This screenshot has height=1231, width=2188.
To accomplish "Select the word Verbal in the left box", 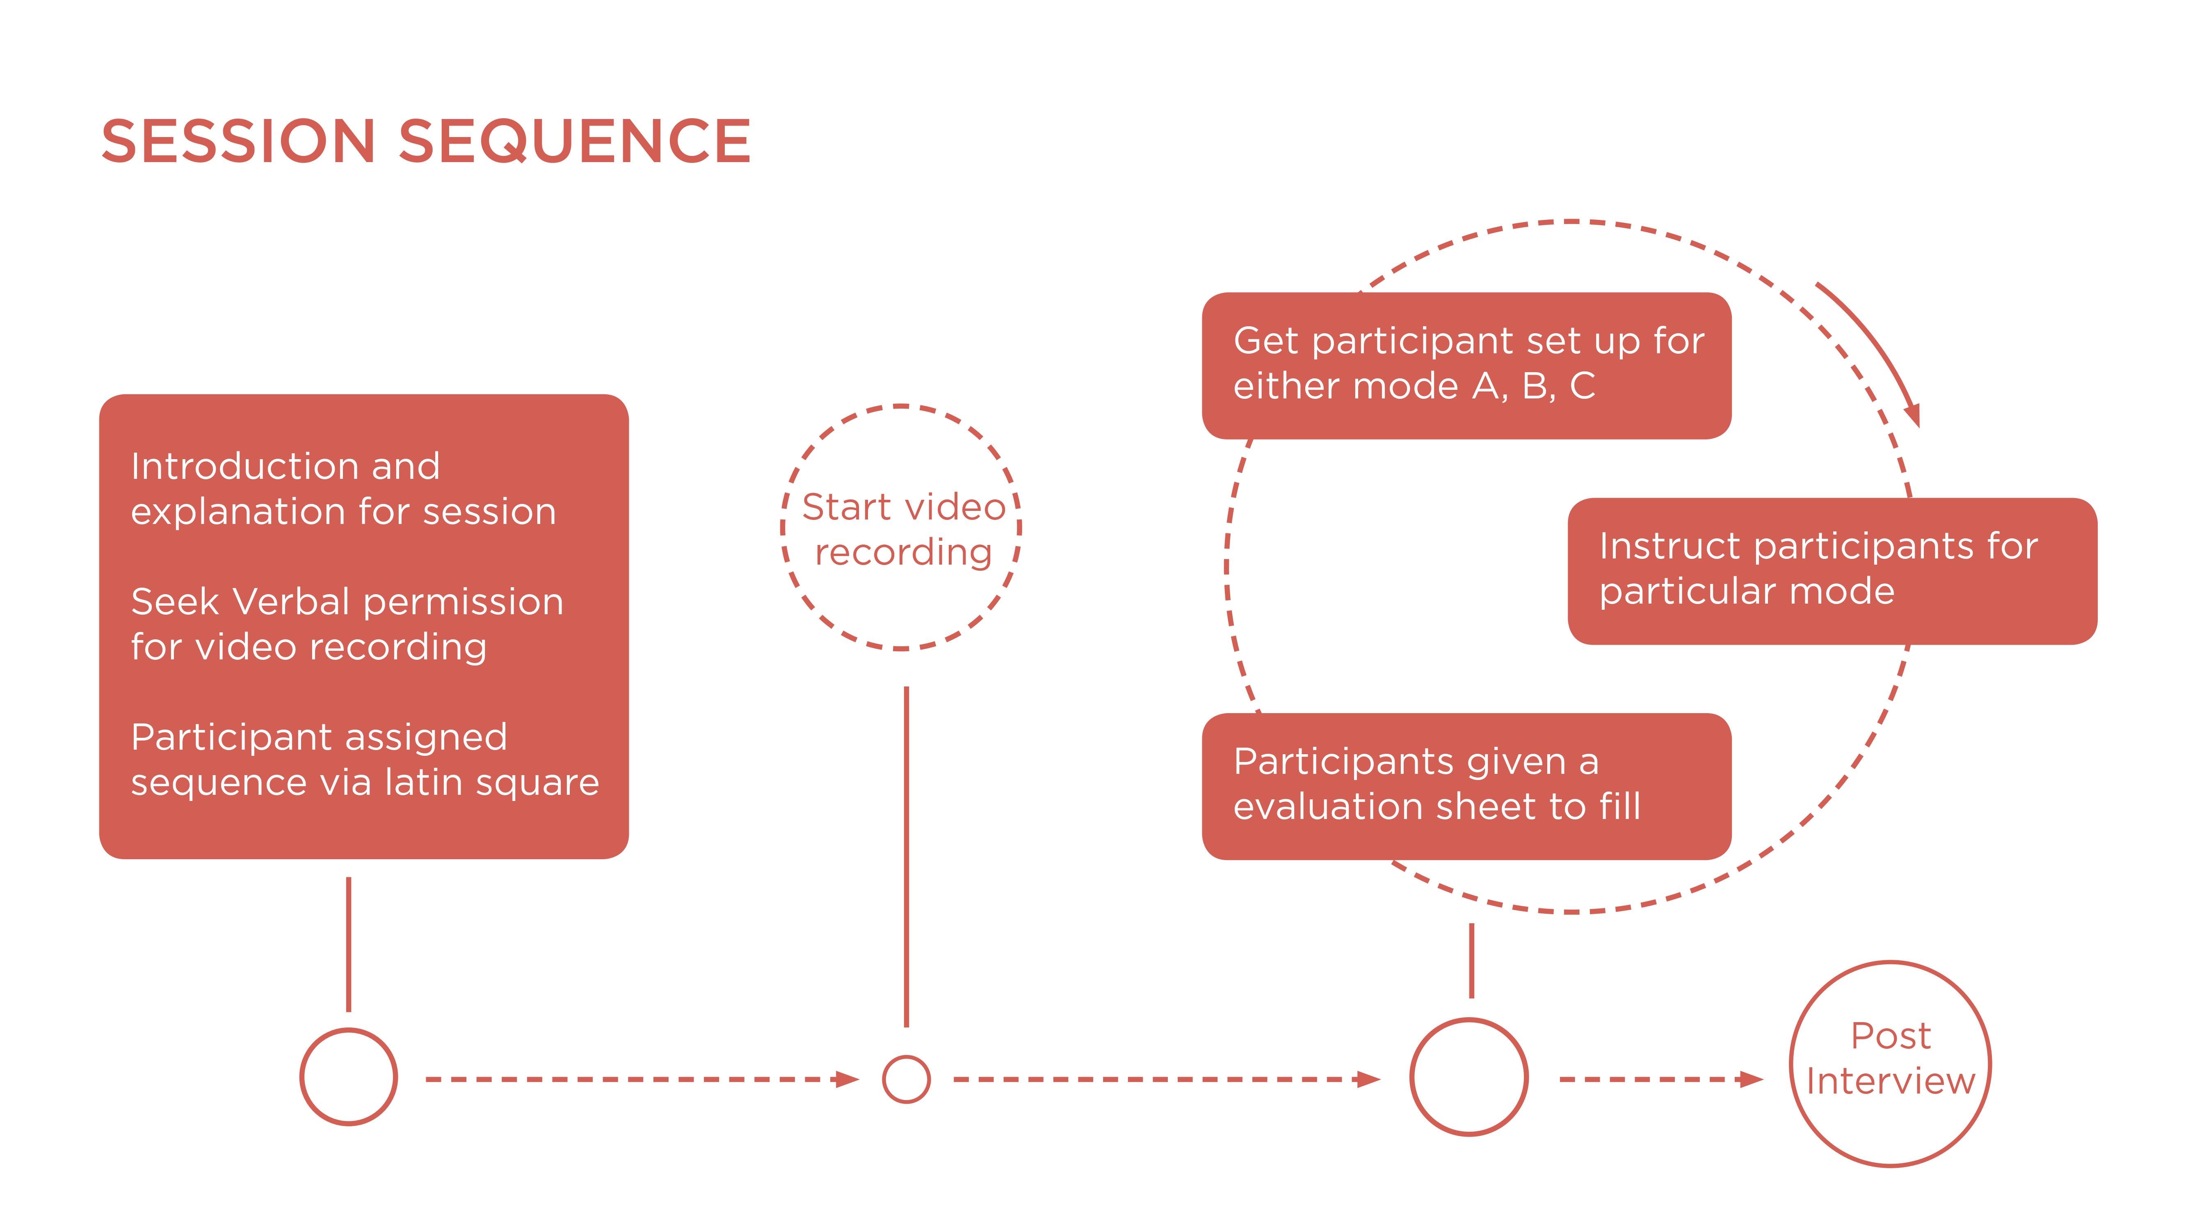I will click(x=291, y=602).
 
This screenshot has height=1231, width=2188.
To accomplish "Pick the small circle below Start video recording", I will click(x=906, y=1079).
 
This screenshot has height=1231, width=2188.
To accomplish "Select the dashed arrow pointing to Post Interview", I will click(x=1660, y=1079).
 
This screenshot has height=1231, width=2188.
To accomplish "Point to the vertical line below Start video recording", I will click(x=906, y=856).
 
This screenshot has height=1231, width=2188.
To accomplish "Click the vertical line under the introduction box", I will click(x=348, y=943).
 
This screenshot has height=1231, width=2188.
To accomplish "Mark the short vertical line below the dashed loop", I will click(x=1471, y=960).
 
